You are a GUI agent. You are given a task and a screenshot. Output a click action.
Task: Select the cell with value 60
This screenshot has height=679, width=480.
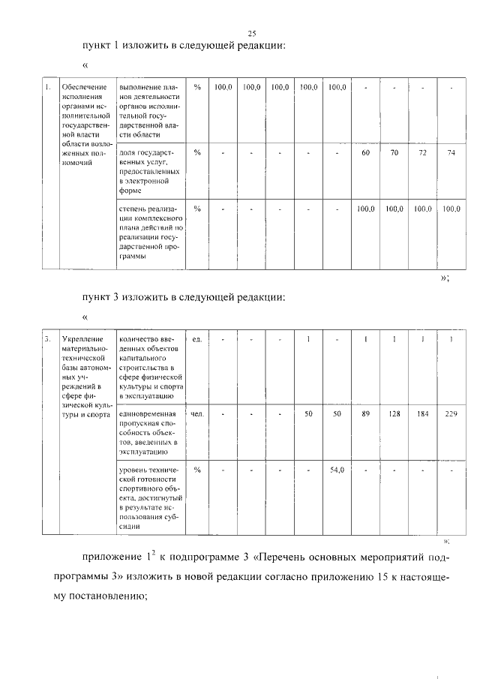(x=365, y=152)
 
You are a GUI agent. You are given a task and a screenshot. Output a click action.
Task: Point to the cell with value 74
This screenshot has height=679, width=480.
(x=451, y=152)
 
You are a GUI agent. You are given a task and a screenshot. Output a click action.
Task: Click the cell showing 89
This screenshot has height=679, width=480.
(x=365, y=413)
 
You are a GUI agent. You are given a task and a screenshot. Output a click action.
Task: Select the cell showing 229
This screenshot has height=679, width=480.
(x=451, y=413)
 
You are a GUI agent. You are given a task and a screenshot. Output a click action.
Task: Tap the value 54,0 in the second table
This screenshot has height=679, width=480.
(x=337, y=470)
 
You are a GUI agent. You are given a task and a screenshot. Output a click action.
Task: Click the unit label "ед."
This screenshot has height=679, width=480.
(x=197, y=339)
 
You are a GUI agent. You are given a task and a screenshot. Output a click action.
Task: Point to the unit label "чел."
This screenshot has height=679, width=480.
(x=197, y=413)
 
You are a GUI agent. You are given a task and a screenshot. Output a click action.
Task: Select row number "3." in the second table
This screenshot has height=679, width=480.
(x=47, y=339)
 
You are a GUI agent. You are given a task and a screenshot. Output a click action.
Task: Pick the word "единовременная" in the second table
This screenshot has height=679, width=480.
(x=148, y=413)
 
